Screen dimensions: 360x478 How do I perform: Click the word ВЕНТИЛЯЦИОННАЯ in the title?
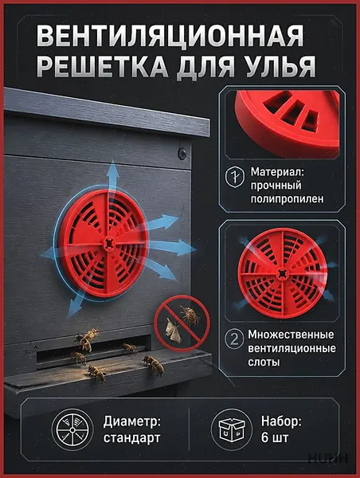coord(170,36)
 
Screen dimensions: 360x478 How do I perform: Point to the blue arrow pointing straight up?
coord(113,180)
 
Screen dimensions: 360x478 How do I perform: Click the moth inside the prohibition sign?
coord(173,331)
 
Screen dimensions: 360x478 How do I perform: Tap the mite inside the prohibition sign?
coord(191,315)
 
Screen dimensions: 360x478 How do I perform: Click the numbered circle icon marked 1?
coord(234,177)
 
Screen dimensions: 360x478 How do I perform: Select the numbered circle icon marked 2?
coord(234,339)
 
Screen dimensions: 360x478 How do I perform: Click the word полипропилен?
coord(287,199)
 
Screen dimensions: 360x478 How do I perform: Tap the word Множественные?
coord(291,335)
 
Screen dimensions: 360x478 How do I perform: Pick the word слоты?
coord(264,362)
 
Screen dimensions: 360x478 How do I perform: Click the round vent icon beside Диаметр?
coord(72,430)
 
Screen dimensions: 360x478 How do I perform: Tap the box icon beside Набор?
coord(232,430)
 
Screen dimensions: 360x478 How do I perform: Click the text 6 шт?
coord(274,438)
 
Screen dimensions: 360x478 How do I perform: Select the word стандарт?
coord(131,438)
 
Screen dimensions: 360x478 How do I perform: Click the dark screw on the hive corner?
coord(182,153)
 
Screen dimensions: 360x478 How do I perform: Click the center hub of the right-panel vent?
coord(282,273)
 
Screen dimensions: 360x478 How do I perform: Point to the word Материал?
coord(277,171)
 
